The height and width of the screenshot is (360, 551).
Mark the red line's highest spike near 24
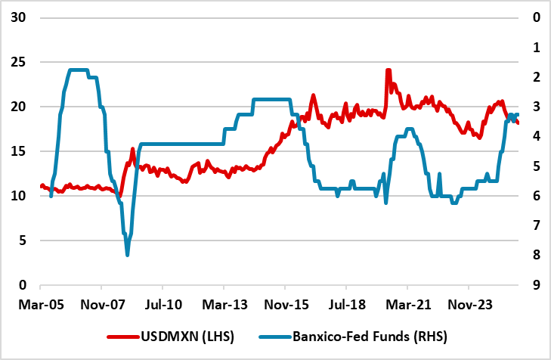point(388,70)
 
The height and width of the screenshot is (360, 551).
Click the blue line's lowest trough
point(127,255)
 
